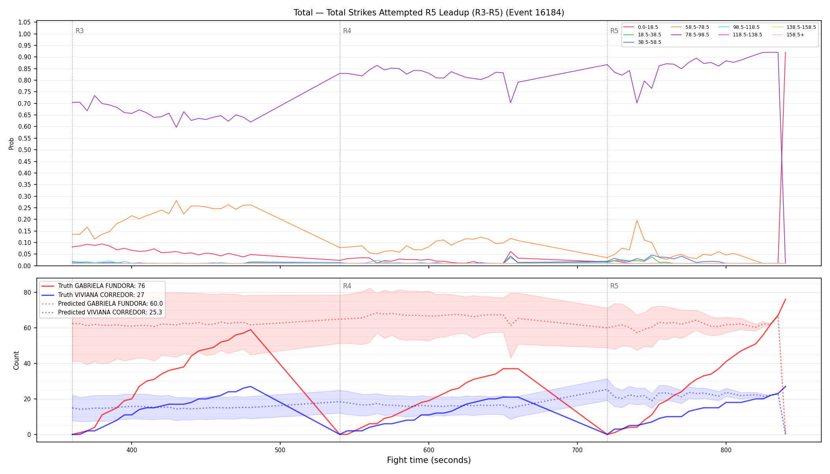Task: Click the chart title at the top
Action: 429,13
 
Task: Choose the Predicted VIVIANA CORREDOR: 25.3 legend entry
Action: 102,312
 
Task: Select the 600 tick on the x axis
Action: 429,450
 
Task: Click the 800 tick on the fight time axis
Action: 726,450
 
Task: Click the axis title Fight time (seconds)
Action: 429,460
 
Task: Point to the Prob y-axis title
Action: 11,143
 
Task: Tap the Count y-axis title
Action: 16,360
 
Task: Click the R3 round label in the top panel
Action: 79,31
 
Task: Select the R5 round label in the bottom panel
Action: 614,286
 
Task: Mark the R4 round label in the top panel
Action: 347,31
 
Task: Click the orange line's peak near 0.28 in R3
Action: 176,201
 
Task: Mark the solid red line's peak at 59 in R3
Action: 250,329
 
